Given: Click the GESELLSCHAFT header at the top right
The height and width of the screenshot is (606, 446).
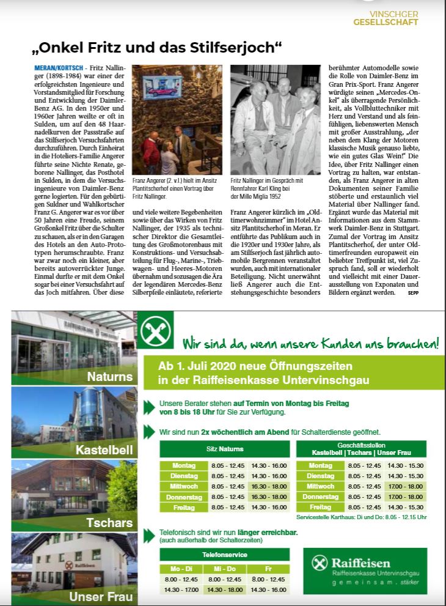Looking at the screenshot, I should (x=386, y=22).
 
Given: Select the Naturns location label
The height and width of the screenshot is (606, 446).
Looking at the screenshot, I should (x=109, y=377).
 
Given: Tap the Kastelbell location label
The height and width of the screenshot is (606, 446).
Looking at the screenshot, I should (x=104, y=451).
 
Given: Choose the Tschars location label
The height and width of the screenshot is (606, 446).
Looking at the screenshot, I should (x=109, y=523).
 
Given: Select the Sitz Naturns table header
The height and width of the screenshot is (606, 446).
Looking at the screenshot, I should (x=225, y=449).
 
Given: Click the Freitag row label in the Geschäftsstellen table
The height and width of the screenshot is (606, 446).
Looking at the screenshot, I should (x=320, y=507).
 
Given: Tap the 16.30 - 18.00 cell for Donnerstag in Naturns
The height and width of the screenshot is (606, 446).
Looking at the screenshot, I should (x=268, y=497).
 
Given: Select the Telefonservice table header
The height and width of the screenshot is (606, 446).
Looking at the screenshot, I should (x=225, y=555).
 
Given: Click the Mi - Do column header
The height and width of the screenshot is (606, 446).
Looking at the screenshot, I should (x=225, y=569).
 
